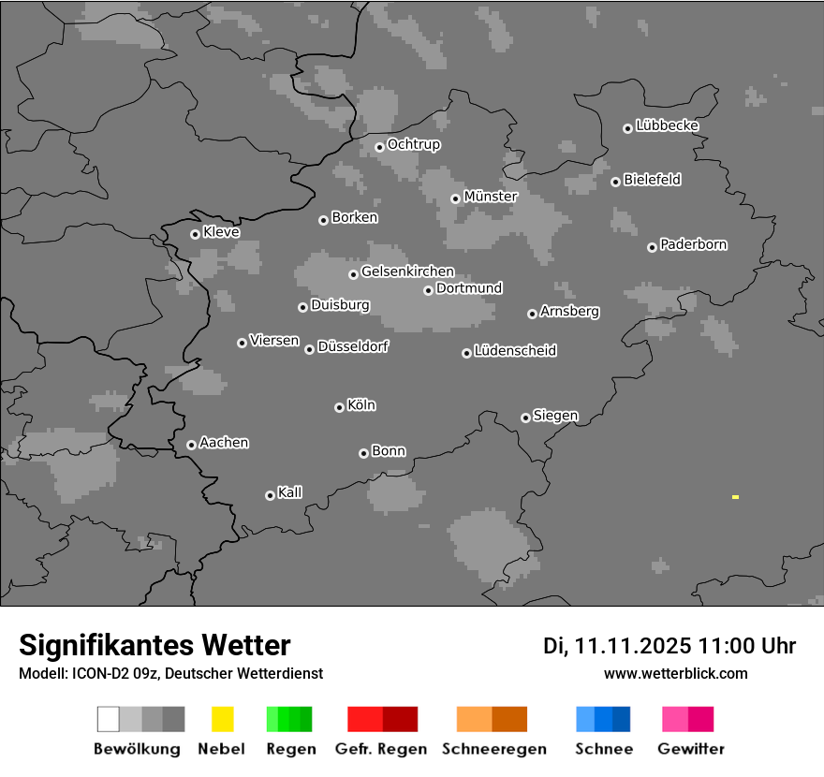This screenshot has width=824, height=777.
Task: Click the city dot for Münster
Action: pos(455,198)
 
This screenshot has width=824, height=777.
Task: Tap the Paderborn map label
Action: pos(693,245)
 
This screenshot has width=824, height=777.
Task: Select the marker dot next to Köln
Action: pos(339,407)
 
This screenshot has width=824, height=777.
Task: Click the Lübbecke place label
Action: pos(667,125)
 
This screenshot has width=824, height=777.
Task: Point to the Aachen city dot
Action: pos(191,445)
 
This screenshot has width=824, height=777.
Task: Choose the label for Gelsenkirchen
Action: pos(407,272)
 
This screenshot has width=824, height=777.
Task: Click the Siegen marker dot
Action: pos(525,418)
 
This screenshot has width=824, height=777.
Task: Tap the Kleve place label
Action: pos(221,232)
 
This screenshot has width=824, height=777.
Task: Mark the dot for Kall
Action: pos(270,495)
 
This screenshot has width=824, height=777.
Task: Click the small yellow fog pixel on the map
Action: pos(735,497)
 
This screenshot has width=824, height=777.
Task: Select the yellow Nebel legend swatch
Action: pos(222,719)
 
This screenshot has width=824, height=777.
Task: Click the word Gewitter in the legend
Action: pos(690,749)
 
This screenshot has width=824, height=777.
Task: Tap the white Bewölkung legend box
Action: pos(108,719)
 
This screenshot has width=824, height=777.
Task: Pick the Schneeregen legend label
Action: pos(493,749)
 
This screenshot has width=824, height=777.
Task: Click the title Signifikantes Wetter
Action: pos(154,645)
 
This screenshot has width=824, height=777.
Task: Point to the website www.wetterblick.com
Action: pos(675,673)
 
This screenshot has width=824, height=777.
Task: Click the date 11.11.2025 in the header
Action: pos(633,646)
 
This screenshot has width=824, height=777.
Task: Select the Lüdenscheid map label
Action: pos(515,351)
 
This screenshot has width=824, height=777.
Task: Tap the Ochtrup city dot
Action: pos(379,146)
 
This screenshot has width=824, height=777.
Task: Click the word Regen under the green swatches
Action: pos(288,749)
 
